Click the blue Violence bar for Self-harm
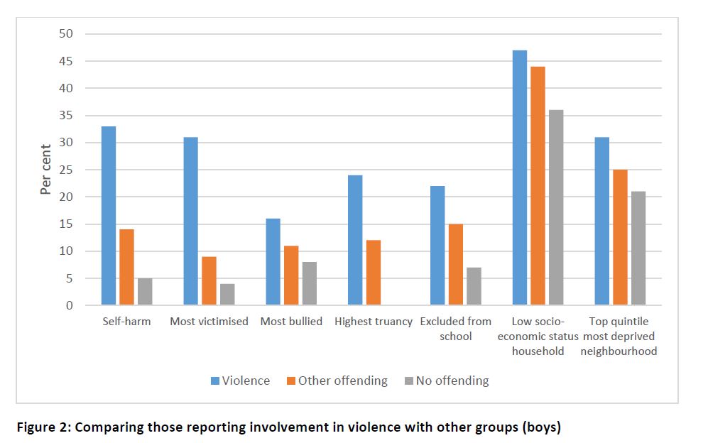pos(109,216)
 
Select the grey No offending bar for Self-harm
pos(145,292)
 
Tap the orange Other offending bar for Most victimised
pos(209,281)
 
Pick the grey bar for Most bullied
pos(310,284)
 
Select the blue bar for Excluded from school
pos(437,246)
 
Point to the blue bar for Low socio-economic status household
pos(520,177)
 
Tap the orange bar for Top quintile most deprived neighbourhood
pos(620,237)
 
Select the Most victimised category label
pos(209,322)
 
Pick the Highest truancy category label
pos(374,322)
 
